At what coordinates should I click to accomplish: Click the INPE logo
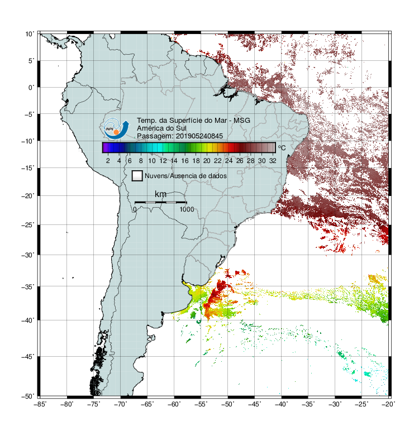116,128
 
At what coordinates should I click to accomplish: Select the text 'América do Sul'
161,128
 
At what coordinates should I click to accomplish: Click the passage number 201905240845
199,136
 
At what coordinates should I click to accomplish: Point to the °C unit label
282,147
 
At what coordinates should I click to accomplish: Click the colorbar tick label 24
229,161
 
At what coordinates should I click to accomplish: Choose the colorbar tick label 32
273,161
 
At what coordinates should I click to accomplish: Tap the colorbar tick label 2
108,161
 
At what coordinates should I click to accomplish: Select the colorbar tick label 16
185,161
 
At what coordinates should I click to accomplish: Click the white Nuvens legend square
137,176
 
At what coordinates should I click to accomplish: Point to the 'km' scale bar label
160,194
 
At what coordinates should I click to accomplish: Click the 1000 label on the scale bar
187,209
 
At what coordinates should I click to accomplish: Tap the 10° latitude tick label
30,34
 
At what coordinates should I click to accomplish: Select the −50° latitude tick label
28,396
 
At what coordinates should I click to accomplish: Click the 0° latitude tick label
31,88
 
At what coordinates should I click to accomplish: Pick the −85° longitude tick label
40,404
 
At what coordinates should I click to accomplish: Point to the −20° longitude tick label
388,404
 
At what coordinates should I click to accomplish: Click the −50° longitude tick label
227,404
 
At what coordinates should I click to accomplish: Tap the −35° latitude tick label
28,286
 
